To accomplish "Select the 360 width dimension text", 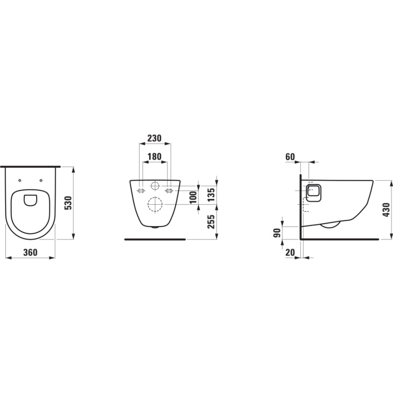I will pos(30,252).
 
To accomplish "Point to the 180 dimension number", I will pos(155,157).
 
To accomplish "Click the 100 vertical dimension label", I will pos(193,197).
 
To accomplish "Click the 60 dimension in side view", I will pos(290,157).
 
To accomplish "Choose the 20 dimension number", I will pos(290,253).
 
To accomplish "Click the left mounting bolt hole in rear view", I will pos(141,191).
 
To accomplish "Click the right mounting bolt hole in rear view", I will pos(169,191).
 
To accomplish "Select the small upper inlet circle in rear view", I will pos(155,185).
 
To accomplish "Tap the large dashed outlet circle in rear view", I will pos(155,205).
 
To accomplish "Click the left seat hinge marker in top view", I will pos(19,180).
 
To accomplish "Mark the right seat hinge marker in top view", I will pos(41,180).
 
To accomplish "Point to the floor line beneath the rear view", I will pos(155,239).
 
